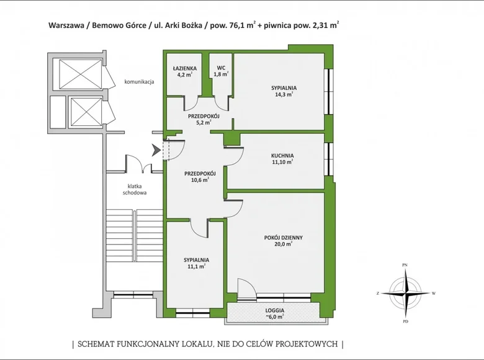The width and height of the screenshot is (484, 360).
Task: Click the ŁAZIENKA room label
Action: pos(186,67)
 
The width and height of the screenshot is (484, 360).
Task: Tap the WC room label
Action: pos(220,67)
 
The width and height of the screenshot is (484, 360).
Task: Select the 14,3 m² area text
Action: pos(283,96)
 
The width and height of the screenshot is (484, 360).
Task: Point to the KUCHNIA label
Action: pos(282,156)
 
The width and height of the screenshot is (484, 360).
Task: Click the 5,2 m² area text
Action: pos(200,123)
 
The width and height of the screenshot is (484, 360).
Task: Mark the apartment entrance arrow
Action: pos(155,150)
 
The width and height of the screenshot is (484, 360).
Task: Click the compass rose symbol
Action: pos(405,293)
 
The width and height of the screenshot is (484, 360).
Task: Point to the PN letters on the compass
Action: pos(405,265)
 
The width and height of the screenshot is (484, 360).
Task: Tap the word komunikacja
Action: pos(139,81)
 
